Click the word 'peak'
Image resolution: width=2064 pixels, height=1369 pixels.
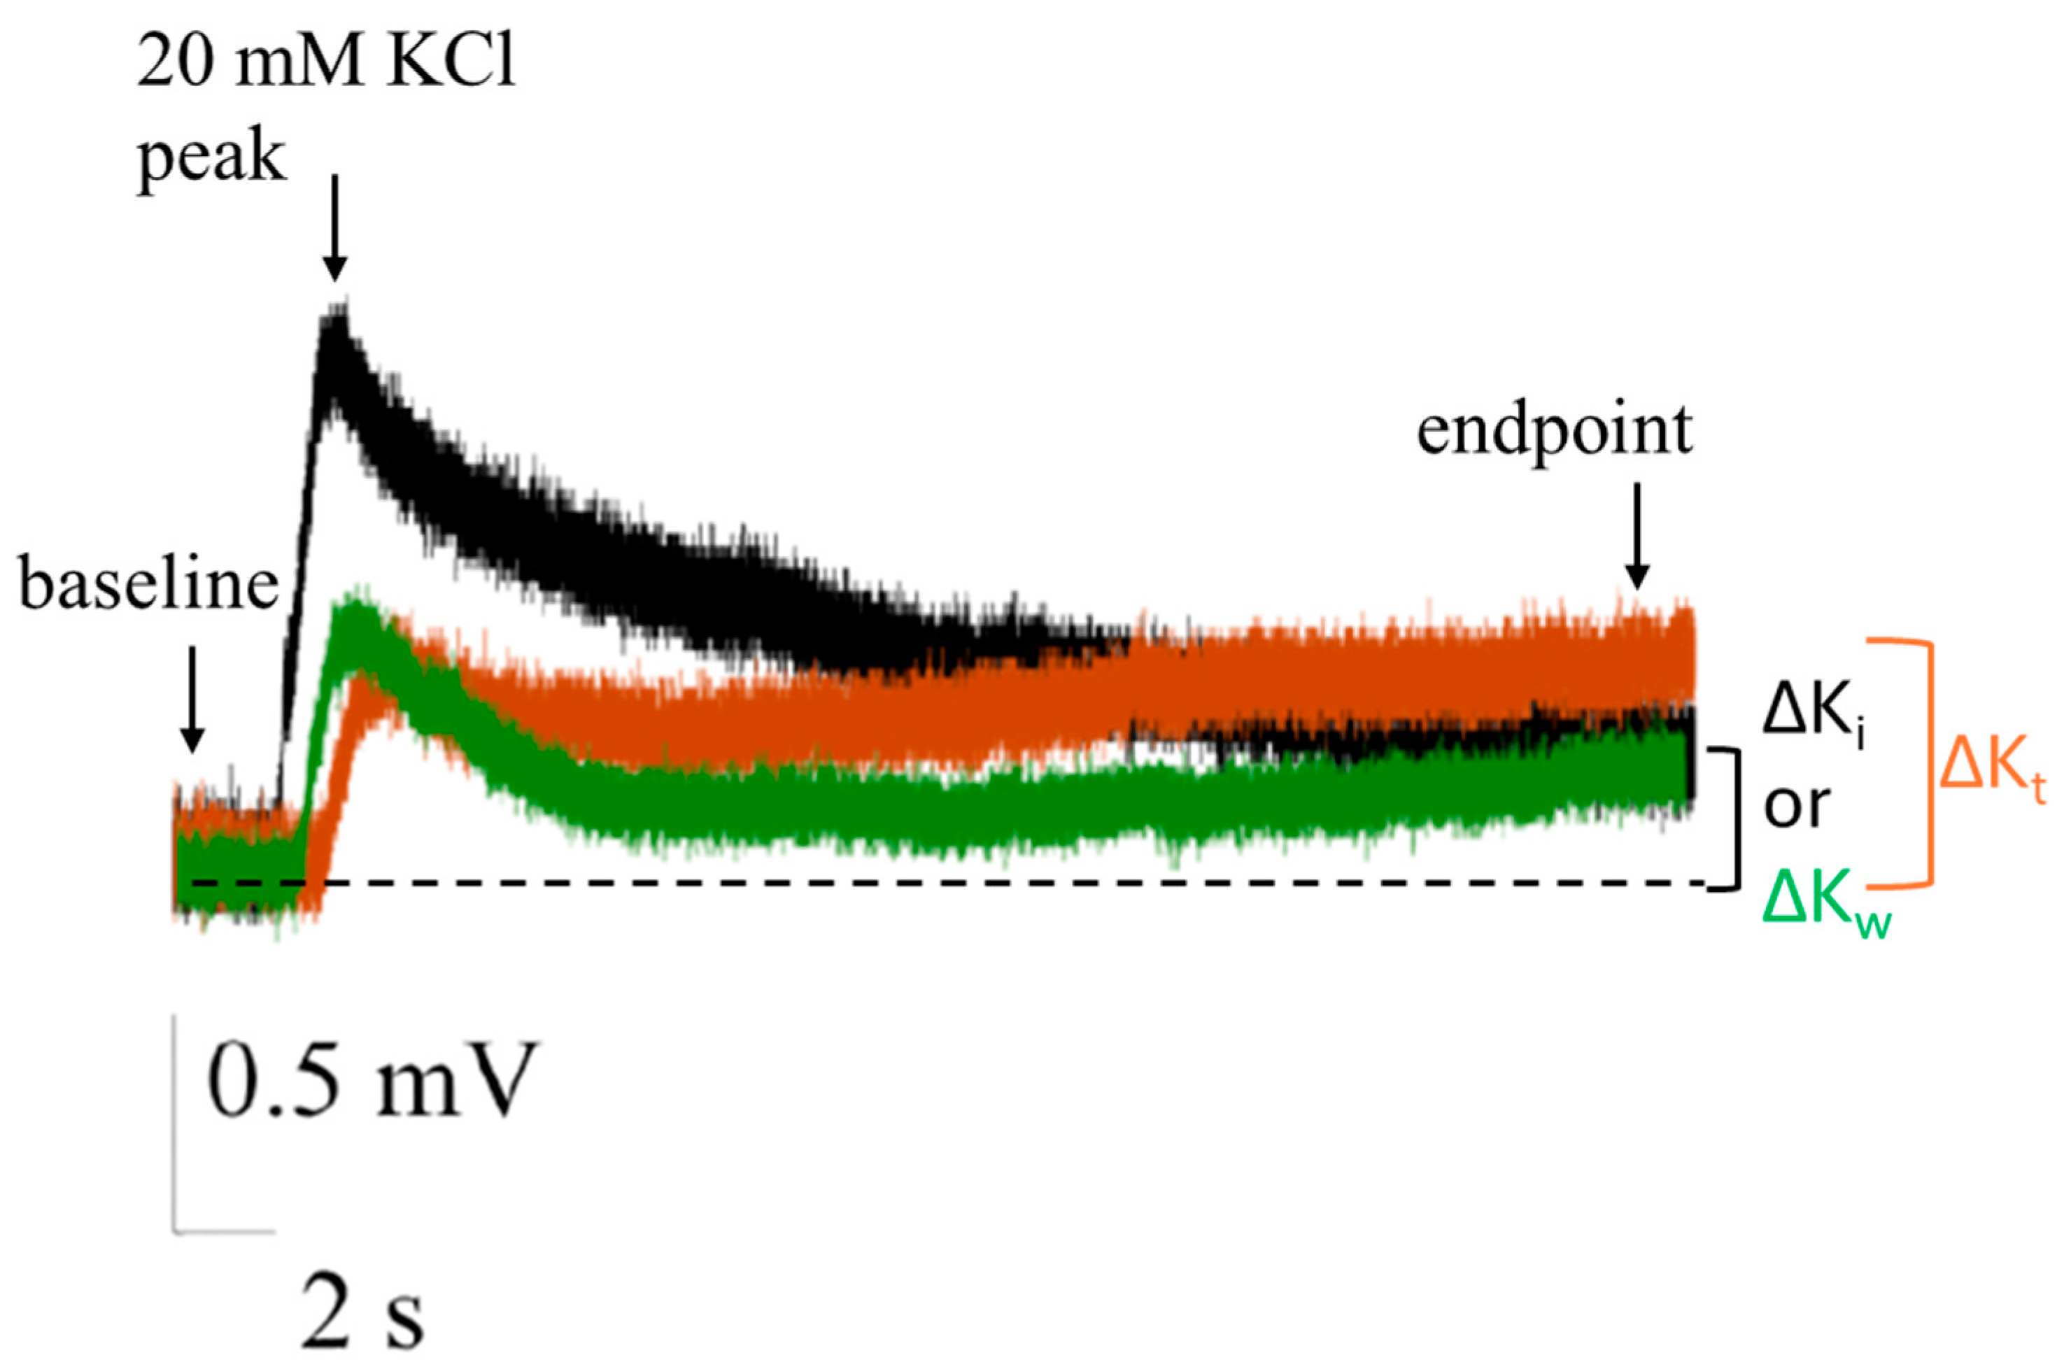point(212,159)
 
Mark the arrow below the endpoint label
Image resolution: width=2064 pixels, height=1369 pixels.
point(1637,537)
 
